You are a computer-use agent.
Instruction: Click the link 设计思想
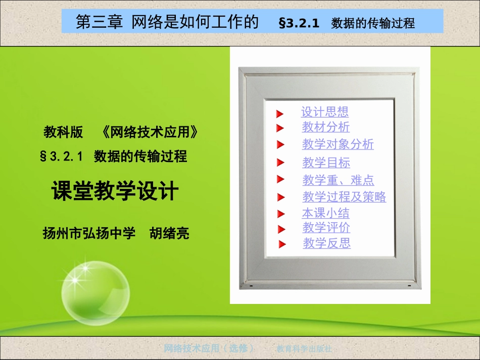click(x=325, y=112)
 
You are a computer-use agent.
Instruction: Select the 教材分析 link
click(x=326, y=127)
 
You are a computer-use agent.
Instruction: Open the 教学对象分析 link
click(x=338, y=144)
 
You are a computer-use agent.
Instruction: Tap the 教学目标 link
click(x=326, y=163)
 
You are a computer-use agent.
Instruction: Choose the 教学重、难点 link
click(x=339, y=180)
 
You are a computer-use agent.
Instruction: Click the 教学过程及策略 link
click(x=344, y=196)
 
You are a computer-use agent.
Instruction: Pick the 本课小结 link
click(x=326, y=213)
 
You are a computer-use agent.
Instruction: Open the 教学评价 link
click(x=326, y=228)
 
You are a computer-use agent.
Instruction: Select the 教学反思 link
click(x=327, y=243)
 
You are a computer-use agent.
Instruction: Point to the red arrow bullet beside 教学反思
click(x=282, y=245)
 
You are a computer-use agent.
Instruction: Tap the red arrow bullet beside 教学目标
click(x=281, y=163)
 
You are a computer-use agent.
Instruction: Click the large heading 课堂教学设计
click(x=115, y=191)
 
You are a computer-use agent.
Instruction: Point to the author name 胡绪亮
click(x=169, y=233)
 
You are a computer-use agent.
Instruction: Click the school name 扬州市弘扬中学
click(x=89, y=233)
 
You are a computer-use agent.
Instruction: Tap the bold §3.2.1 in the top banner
click(x=299, y=23)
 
